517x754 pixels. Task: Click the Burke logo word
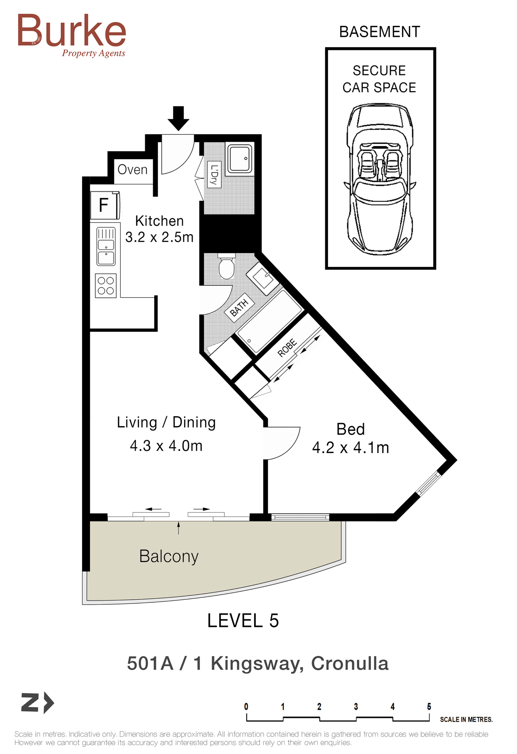point(72,30)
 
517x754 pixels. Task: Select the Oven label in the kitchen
point(132,170)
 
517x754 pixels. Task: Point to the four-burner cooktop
point(106,286)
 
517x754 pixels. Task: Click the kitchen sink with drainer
point(106,247)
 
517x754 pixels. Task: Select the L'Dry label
point(214,174)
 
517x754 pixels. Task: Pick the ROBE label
point(287,348)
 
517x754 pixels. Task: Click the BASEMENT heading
point(379,32)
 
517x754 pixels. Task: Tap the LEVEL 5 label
point(243,621)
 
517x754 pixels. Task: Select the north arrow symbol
point(37,703)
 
